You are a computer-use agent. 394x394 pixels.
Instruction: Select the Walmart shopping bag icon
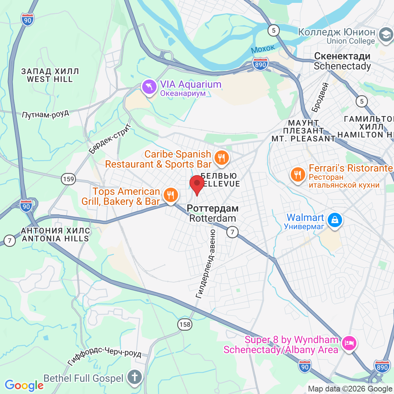click(335, 220)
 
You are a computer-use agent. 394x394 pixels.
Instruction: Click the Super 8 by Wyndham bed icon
click(349, 343)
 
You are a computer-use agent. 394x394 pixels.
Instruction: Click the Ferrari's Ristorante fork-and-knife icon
click(298, 175)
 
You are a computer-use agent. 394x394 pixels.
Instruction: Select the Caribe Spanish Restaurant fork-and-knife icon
click(221, 158)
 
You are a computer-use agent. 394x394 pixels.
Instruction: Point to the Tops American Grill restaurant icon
click(171, 195)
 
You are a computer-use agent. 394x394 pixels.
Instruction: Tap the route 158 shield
click(185, 325)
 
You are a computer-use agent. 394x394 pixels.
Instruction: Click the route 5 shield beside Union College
click(274, 30)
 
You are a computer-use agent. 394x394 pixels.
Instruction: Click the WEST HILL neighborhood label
click(50, 76)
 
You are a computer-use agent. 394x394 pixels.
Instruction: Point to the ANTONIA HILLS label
click(55, 235)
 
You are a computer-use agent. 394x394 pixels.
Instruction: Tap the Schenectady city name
click(342, 61)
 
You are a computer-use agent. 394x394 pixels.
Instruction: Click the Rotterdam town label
click(213, 213)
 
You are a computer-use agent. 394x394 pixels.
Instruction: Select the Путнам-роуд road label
click(45, 114)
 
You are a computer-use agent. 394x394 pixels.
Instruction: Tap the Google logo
click(24, 385)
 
